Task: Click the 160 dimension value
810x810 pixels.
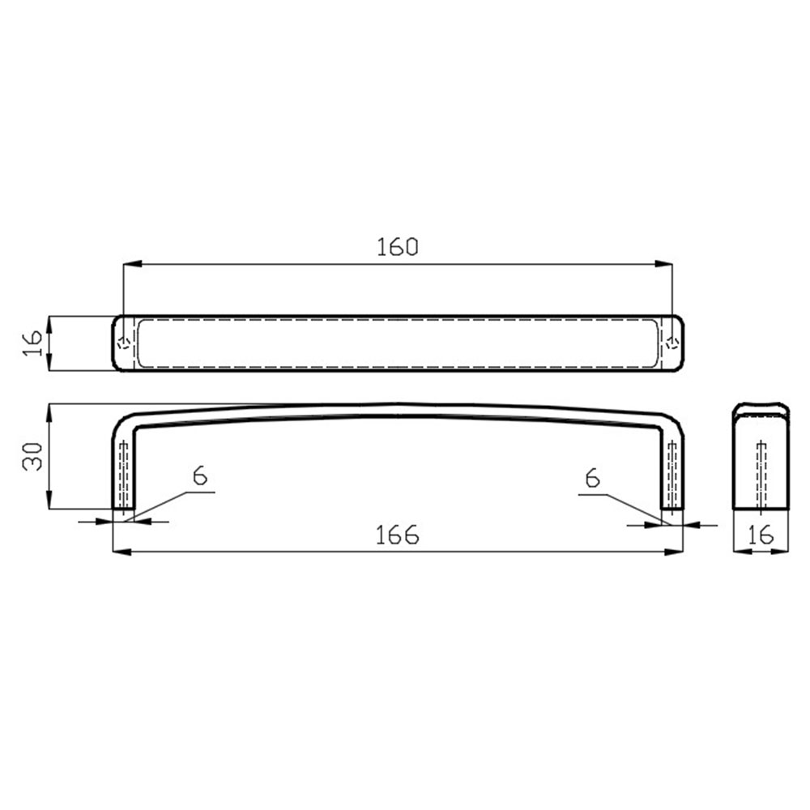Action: pyautogui.click(x=397, y=247)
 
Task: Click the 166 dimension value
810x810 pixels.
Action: pyautogui.click(x=397, y=535)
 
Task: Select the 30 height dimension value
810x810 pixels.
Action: pyautogui.click(x=33, y=456)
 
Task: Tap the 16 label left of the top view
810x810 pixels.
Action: pyautogui.click(x=32, y=343)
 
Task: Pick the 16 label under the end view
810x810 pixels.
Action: pyautogui.click(x=760, y=535)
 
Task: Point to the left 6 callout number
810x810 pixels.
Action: pyautogui.click(x=200, y=475)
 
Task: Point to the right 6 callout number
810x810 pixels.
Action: pyautogui.click(x=593, y=478)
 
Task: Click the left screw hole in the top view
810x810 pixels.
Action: pyautogui.click(x=123, y=343)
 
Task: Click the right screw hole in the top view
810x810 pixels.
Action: pyautogui.click(x=672, y=343)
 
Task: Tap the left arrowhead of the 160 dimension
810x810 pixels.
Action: pyautogui.click(x=132, y=264)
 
